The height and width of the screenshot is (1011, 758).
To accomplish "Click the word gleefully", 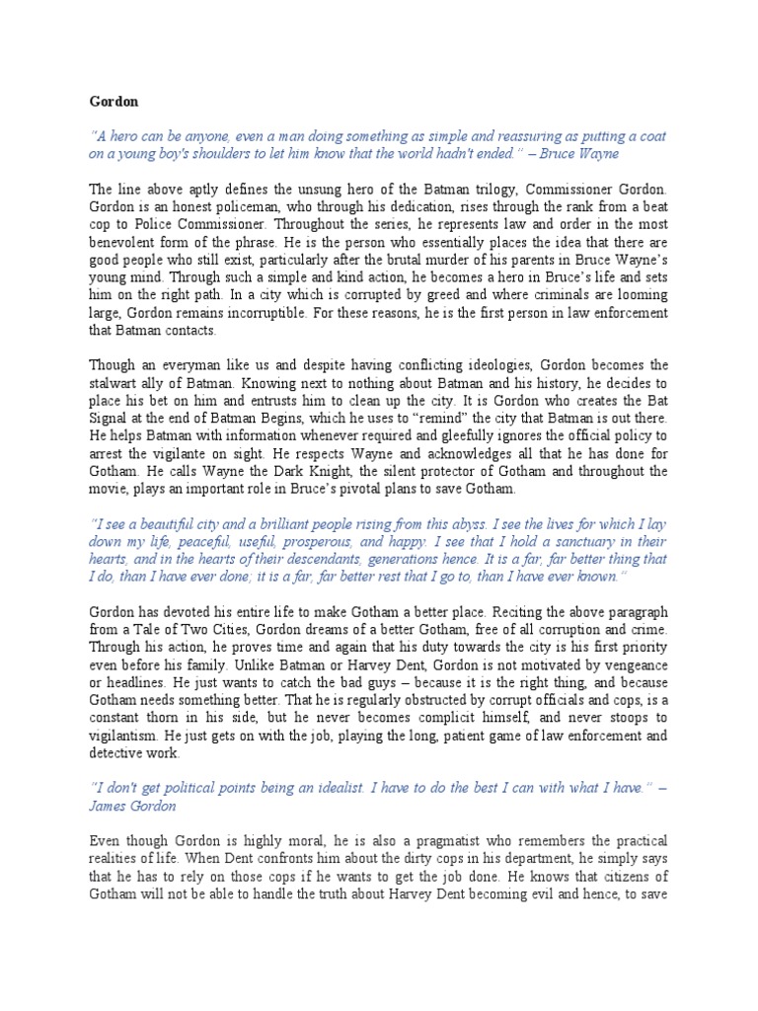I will [456, 434].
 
